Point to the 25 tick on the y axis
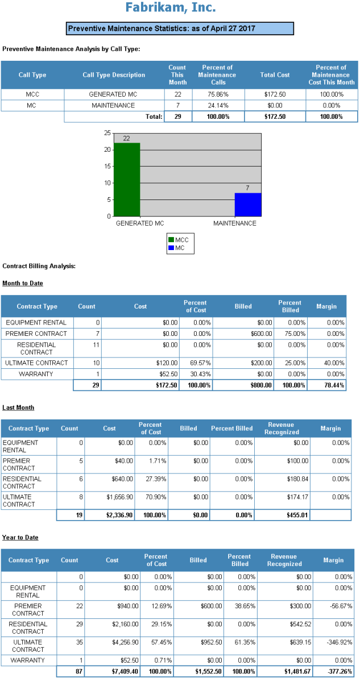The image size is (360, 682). [107, 133]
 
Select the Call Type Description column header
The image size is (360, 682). [114, 75]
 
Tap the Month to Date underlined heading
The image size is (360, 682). [22, 283]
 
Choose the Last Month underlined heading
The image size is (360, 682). [18, 407]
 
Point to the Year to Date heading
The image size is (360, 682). [20, 537]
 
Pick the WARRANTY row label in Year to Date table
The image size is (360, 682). [28, 660]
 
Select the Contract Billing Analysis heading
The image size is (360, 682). [39, 266]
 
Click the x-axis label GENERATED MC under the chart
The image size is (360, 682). [140, 223]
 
